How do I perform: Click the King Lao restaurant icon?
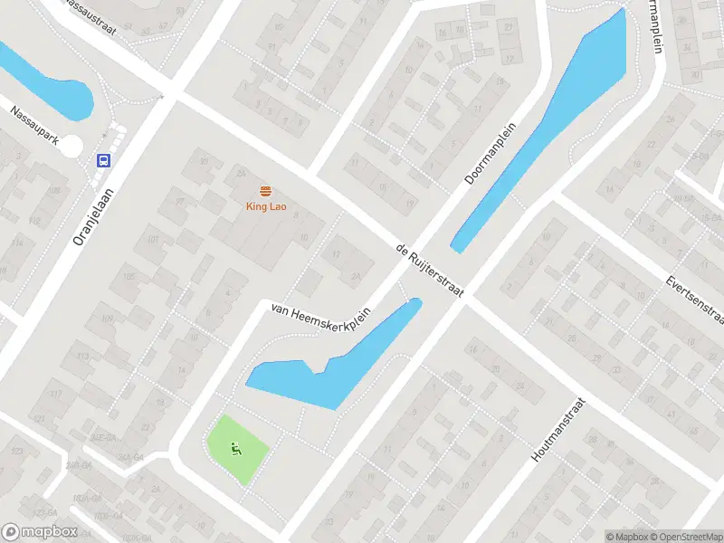(x=266, y=191)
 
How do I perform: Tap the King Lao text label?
(x=266, y=206)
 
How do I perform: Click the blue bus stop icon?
(x=104, y=161)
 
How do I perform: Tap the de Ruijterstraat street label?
(x=430, y=271)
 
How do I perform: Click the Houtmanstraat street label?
(x=558, y=431)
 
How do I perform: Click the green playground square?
(x=238, y=448)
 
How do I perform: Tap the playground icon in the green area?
(x=235, y=446)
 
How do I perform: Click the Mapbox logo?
(x=40, y=532)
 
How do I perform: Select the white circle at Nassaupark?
(x=71, y=145)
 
